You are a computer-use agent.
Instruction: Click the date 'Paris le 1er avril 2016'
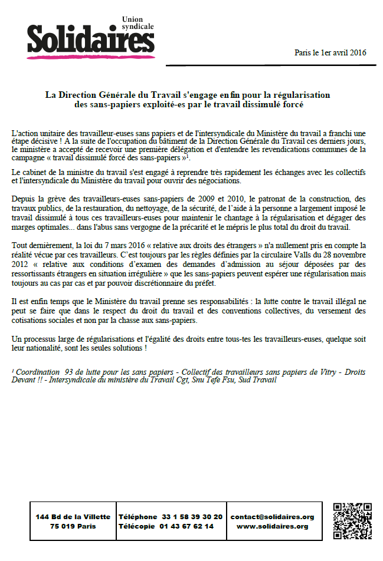tap(330, 52)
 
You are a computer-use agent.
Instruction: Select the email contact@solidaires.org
tap(272, 517)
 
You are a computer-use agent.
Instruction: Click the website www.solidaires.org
tap(272, 526)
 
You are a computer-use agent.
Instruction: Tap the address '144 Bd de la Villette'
tap(73, 517)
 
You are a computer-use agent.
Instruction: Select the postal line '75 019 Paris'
tap(73, 526)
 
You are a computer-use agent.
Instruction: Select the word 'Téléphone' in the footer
tap(138, 517)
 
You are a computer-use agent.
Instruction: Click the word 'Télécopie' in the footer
tap(138, 526)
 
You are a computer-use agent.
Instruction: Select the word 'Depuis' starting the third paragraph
tap(24, 200)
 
